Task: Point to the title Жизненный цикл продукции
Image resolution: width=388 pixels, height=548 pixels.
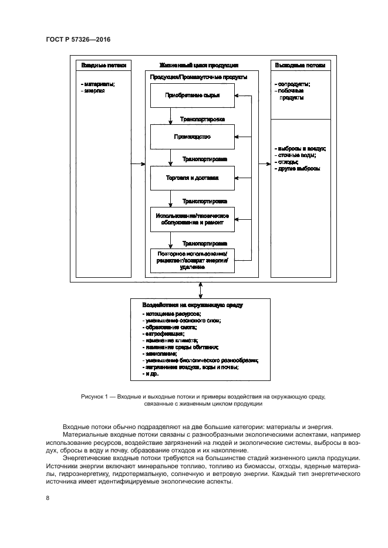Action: point(198,65)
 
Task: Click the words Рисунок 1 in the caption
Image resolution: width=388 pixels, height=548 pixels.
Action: point(93,397)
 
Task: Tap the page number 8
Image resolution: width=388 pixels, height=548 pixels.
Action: point(47,498)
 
